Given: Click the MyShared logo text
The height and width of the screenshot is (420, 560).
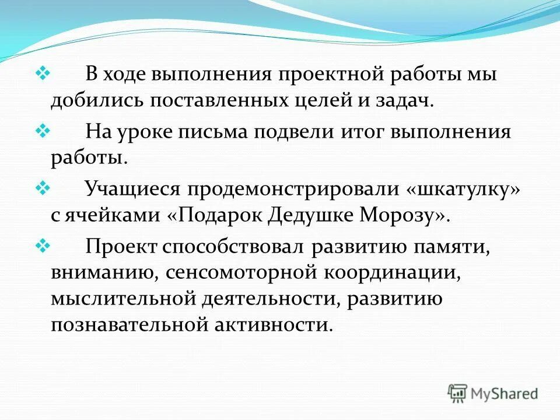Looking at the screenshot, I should [x=505, y=394].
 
